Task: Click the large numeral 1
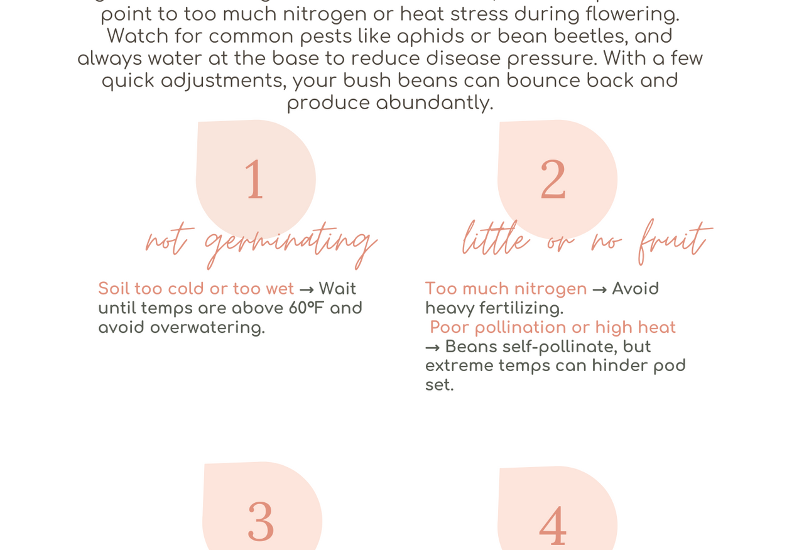(x=255, y=179)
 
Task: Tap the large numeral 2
(x=553, y=179)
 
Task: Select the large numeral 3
(x=261, y=521)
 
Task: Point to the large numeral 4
(x=553, y=526)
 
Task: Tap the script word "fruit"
(x=675, y=242)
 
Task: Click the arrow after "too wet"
(x=307, y=289)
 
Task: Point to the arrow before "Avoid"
(x=599, y=289)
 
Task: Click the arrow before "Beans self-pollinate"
(x=433, y=348)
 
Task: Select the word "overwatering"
(x=207, y=328)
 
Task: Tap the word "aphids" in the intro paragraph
(x=431, y=37)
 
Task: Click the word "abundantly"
(x=435, y=104)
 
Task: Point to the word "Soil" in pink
(x=114, y=289)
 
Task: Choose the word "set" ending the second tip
(x=439, y=386)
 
